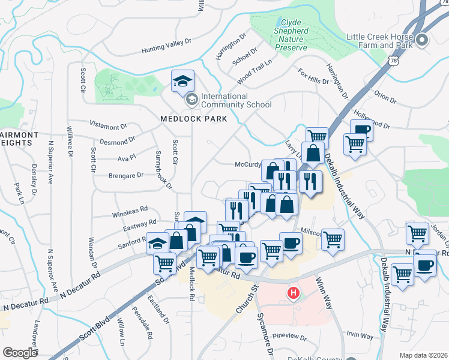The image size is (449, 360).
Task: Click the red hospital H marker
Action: (x=293, y=293)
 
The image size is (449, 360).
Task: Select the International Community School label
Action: (x=236, y=100)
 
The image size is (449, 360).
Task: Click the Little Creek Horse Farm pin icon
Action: (x=422, y=40)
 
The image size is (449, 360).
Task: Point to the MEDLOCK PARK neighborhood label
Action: (x=194, y=119)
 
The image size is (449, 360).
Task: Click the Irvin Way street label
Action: (x=358, y=336)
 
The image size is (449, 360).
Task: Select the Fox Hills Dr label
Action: (x=313, y=76)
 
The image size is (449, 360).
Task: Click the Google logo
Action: (x=20, y=352)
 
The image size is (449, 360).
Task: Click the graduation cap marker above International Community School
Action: (x=182, y=82)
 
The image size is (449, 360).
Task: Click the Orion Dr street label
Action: (x=385, y=97)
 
